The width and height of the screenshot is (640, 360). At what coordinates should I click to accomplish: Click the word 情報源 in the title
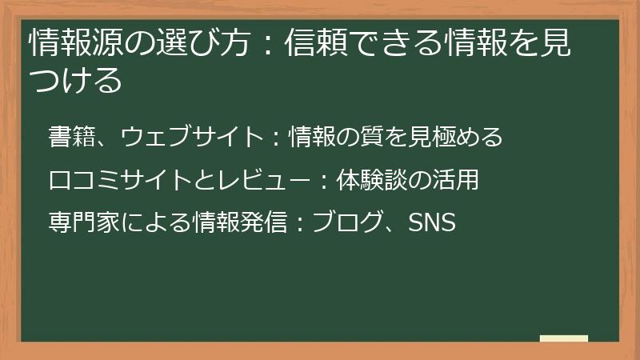[x=69, y=46]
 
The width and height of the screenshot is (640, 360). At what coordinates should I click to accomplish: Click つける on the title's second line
[x=75, y=81]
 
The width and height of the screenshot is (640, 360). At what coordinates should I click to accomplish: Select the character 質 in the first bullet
[x=394, y=137]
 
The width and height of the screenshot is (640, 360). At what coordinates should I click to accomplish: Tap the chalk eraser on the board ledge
[x=564, y=338]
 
